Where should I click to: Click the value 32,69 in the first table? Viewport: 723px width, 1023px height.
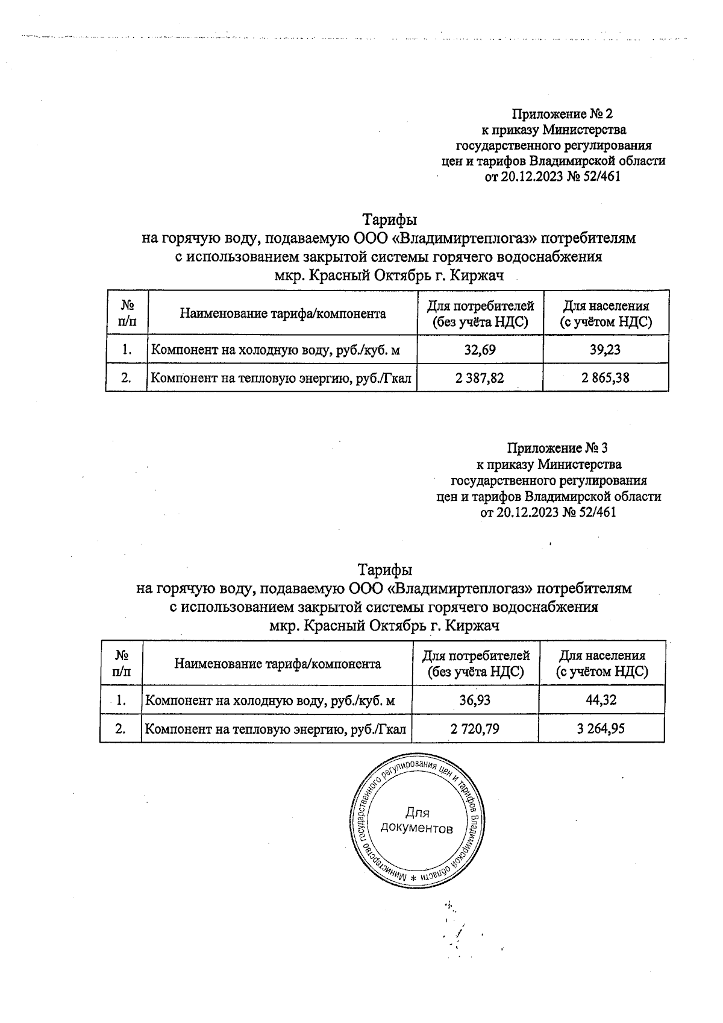pyautogui.click(x=480, y=350)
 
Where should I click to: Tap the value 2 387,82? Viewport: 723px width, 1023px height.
pyautogui.click(x=480, y=378)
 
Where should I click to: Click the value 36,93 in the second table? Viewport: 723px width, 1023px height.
pyautogui.click(x=475, y=700)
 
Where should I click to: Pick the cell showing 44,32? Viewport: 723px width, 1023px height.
pyautogui.click(x=601, y=700)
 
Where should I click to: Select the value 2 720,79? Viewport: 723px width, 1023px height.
pyautogui.click(x=475, y=728)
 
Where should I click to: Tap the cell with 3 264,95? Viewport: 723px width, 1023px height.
pyautogui.click(x=601, y=728)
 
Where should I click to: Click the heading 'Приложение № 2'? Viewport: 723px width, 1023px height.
pyautogui.click(x=562, y=113)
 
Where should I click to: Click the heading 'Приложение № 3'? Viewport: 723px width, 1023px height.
pyautogui.click(x=557, y=449)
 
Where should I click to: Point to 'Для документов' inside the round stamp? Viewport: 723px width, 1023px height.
pyautogui.click(x=417, y=820)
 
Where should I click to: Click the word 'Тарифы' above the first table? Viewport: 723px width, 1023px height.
pyautogui.click(x=389, y=219)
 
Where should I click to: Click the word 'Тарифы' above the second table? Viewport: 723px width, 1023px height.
pyautogui.click(x=385, y=570)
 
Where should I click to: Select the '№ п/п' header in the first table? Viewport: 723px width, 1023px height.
pyautogui.click(x=127, y=313)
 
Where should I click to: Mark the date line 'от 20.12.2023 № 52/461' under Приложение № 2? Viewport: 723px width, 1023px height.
pyautogui.click(x=552, y=177)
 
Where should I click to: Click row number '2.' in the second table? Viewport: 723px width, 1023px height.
pyautogui.click(x=120, y=728)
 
